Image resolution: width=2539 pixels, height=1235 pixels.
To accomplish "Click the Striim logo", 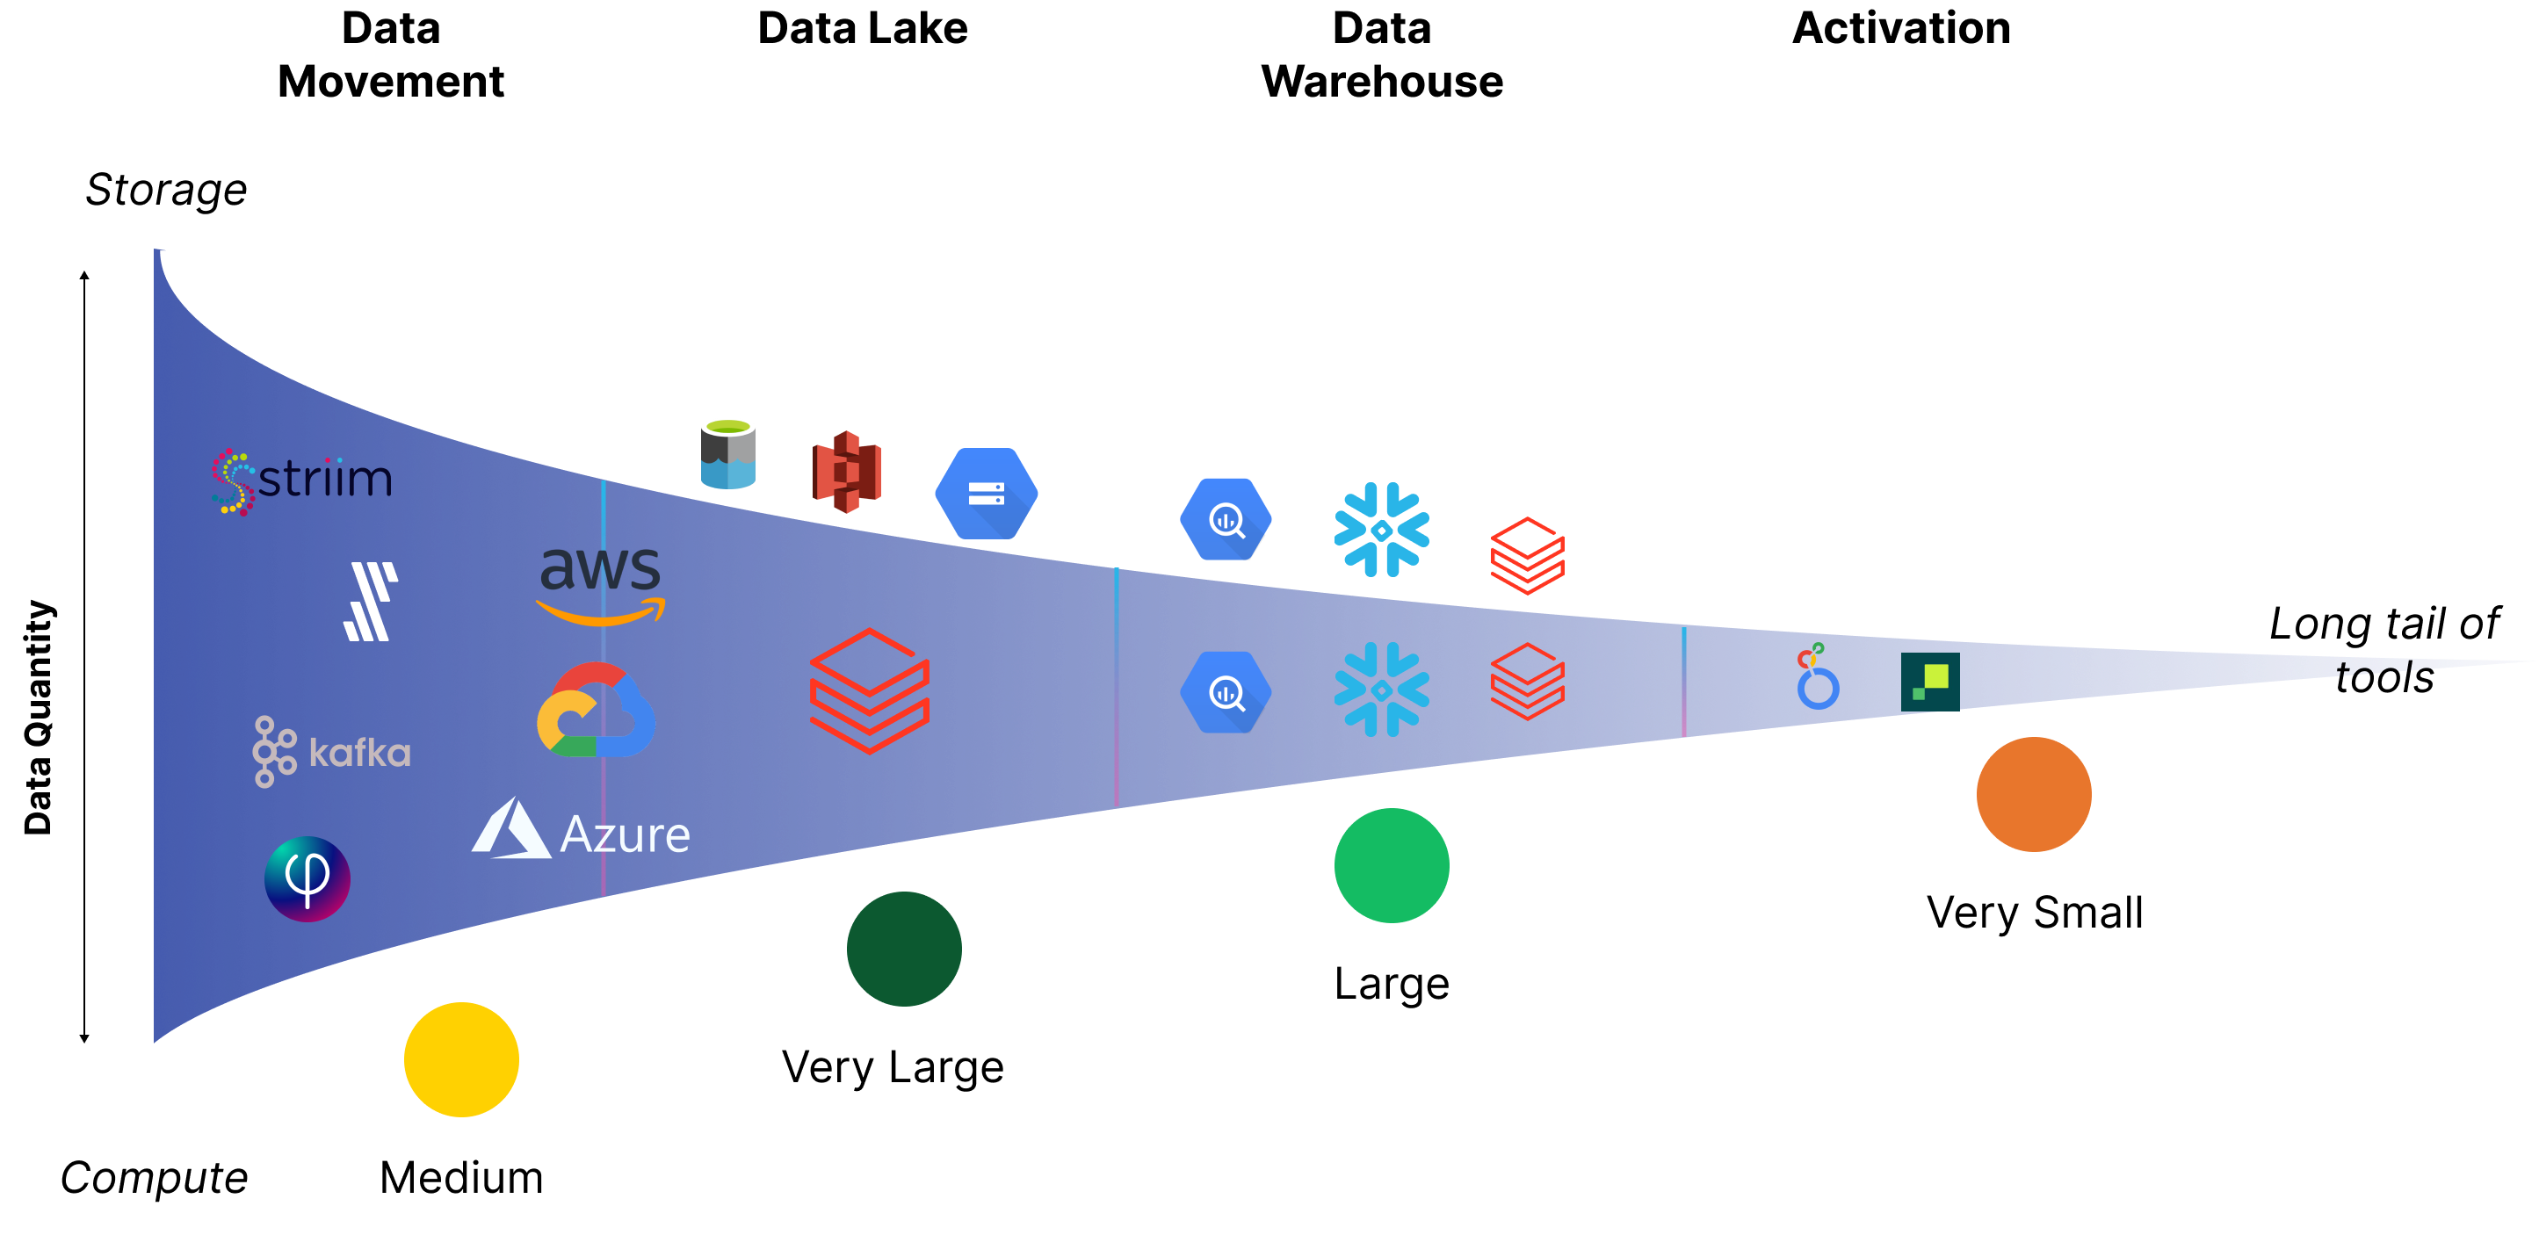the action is coord(301,481).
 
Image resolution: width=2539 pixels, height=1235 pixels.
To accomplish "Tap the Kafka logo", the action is coord(331,752).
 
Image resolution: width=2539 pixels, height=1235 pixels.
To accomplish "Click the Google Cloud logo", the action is coord(596,710).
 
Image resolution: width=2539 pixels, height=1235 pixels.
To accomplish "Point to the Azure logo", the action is coord(581,830).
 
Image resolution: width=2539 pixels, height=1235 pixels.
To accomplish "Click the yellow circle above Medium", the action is coord(461,1059).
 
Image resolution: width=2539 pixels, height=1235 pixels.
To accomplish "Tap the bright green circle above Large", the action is coord(1392,865).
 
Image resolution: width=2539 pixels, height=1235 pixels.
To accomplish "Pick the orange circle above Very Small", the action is coord(2033,794).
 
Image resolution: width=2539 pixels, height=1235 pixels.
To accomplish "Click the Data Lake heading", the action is coord(863,29).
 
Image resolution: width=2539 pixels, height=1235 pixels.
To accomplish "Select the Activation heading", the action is coord(1901,29).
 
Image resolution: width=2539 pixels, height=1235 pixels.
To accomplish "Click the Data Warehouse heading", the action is coord(1382,55).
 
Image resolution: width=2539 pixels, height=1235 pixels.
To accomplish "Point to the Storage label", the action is coord(165,191).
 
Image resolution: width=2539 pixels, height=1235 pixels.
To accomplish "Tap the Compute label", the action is coord(154,1178).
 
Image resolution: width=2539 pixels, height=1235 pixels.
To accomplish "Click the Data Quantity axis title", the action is coord(38,718).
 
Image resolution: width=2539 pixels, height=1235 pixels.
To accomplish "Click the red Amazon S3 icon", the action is coord(846,472).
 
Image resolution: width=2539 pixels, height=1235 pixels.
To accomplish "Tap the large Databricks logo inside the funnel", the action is coord(870,691).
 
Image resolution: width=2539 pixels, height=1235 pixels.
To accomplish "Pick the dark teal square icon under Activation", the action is coord(1930,682).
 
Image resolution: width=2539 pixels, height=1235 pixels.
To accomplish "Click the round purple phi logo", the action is coord(307,879).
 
